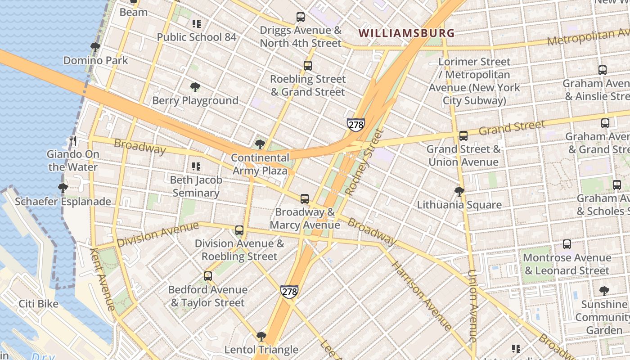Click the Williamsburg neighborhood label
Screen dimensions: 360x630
tap(407, 33)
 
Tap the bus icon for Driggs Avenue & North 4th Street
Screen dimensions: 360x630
tap(301, 17)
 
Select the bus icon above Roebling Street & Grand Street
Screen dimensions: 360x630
tap(308, 66)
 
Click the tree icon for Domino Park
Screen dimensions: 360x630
tap(95, 47)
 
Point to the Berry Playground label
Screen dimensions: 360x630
tap(195, 100)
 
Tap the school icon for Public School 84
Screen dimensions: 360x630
tap(196, 24)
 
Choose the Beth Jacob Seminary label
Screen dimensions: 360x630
tap(196, 186)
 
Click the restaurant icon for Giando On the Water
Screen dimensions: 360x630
tap(73, 141)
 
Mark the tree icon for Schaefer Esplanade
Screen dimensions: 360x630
tap(63, 188)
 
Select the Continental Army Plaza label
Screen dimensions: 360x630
tap(260, 164)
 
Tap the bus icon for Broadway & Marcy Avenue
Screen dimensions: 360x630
tap(305, 198)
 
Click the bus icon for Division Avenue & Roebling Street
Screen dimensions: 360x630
tap(239, 230)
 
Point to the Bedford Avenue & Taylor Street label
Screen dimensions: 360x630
tap(207, 296)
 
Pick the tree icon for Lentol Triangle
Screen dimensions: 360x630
tap(261, 336)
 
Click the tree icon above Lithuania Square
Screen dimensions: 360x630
tap(459, 192)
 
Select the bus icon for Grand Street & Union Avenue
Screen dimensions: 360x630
tap(463, 135)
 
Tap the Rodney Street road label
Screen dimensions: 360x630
tap(364, 162)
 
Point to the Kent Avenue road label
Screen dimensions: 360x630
tap(102, 279)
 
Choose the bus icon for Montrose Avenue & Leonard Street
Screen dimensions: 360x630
tap(567, 244)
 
